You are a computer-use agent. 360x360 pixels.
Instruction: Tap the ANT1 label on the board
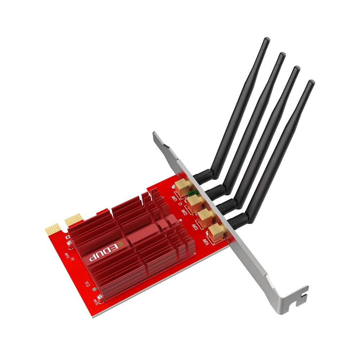click(174, 199)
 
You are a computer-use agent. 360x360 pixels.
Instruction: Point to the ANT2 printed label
click(184, 212)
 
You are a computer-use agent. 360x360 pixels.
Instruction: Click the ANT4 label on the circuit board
click(206, 240)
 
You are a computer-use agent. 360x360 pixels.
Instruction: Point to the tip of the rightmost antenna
click(311, 83)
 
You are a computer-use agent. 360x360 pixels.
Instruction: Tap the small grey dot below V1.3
click(94, 289)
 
